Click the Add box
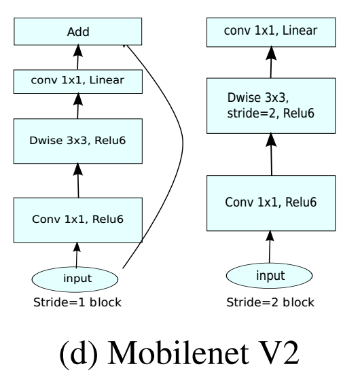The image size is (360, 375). (78, 31)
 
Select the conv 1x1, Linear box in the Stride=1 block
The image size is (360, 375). (78, 82)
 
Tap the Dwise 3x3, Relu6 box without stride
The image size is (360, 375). (78, 141)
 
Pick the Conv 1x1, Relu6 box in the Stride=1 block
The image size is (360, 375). (78, 220)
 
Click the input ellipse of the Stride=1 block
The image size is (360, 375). (75, 279)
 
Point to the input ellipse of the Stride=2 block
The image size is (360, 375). (269, 276)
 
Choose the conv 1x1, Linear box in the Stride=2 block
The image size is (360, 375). (271, 32)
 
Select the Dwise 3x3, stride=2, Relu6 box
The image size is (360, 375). (271, 106)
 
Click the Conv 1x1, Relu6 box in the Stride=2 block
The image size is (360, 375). (271, 203)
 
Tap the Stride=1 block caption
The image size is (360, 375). (77, 302)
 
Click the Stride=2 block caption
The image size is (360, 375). (270, 302)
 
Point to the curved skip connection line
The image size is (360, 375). (183, 143)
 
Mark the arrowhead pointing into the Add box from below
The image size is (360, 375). (78, 50)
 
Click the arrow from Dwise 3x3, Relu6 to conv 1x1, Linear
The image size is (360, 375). (78, 106)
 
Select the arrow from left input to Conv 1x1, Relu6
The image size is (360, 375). (77, 255)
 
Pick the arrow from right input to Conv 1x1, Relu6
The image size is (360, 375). (270, 247)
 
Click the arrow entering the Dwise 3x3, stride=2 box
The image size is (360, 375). (271, 154)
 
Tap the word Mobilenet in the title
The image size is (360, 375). (179, 353)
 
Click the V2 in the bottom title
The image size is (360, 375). (280, 353)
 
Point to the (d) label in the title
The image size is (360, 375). (79, 354)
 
